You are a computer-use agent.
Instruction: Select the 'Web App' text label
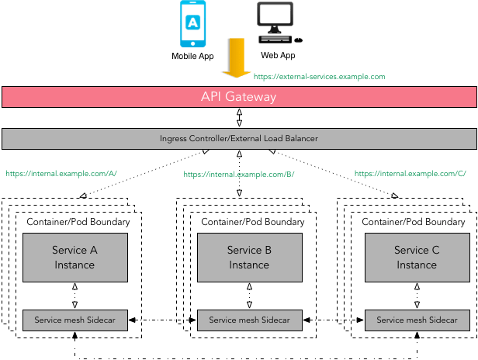(278, 56)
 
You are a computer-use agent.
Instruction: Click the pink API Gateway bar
(239, 98)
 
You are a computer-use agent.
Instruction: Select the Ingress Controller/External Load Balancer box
(239, 139)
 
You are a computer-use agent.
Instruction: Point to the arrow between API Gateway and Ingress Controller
(239, 118)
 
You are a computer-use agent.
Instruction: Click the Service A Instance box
(74, 258)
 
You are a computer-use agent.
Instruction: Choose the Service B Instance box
(249, 258)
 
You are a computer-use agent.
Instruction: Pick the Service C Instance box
(417, 258)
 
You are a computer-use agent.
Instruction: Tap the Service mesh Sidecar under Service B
(249, 320)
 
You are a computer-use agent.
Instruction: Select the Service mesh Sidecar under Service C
(417, 320)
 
